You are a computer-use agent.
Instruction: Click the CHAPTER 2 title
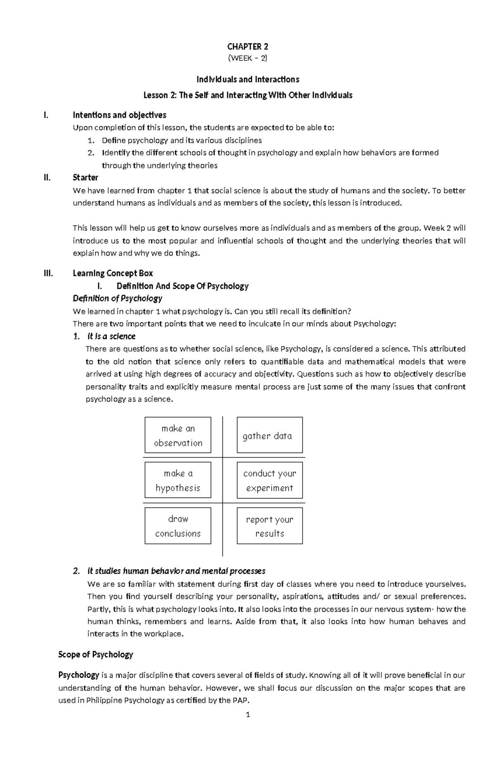tap(248, 46)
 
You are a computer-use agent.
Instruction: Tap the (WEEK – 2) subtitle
tap(248, 58)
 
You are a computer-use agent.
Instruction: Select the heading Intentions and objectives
tap(119, 115)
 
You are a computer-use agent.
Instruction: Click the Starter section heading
tap(85, 177)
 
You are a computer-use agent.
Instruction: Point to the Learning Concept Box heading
tap(113, 273)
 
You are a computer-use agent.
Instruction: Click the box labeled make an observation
tap(178, 435)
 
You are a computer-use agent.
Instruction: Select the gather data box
tap(269, 435)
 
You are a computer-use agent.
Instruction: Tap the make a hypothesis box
tap(178, 480)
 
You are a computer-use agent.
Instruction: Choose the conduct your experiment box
tap(269, 480)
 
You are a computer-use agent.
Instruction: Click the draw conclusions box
tap(178, 526)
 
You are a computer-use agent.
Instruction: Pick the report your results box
tap(269, 526)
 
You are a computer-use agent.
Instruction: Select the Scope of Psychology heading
tap(95, 654)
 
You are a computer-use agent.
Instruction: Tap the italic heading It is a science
tap(112, 336)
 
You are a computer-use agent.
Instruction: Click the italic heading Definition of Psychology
tap(117, 298)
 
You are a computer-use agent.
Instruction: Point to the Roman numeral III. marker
tap(48, 273)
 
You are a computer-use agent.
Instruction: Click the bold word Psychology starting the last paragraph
tap(79, 675)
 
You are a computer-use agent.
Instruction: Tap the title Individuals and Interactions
tap(248, 79)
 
